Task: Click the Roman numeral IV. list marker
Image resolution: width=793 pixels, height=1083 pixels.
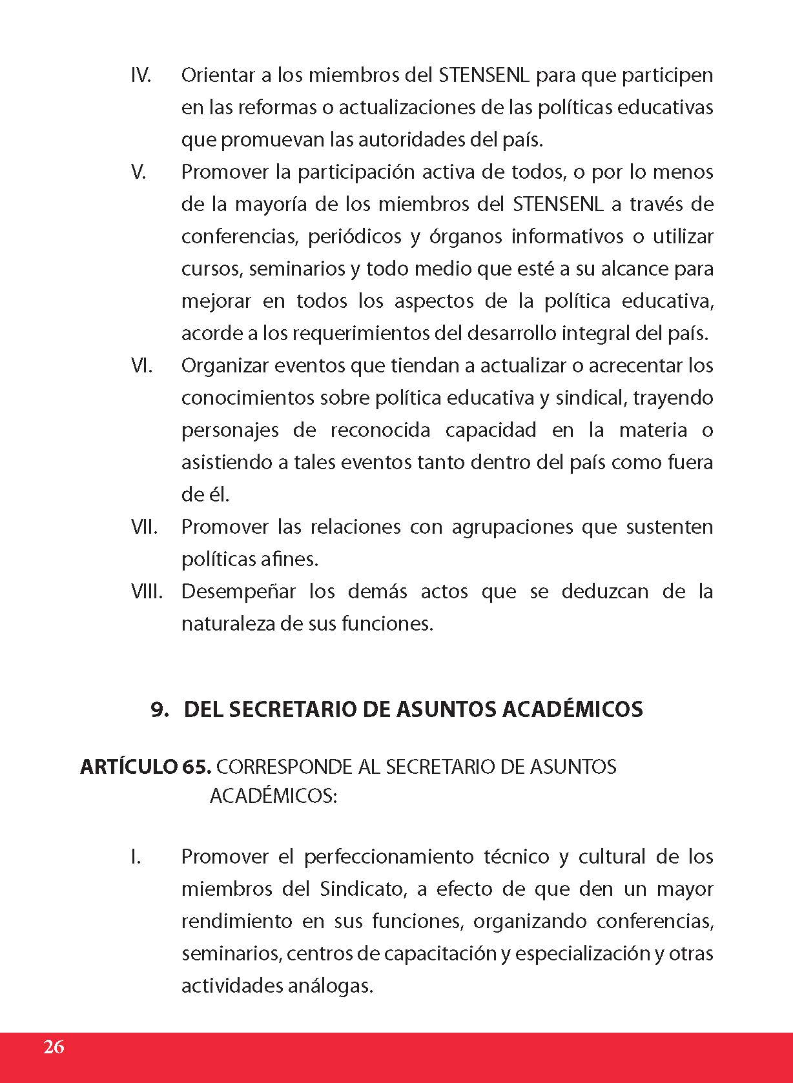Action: point(141,76)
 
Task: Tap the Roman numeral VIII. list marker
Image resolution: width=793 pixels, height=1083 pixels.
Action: point(147,591)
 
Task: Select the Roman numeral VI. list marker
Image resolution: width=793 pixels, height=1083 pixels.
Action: point(141,366)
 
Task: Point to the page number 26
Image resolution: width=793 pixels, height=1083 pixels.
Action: point(54,1046)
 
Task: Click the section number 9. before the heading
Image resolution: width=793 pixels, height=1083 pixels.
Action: point(160,709)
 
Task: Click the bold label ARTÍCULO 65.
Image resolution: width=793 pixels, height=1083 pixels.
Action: point(145,767)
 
